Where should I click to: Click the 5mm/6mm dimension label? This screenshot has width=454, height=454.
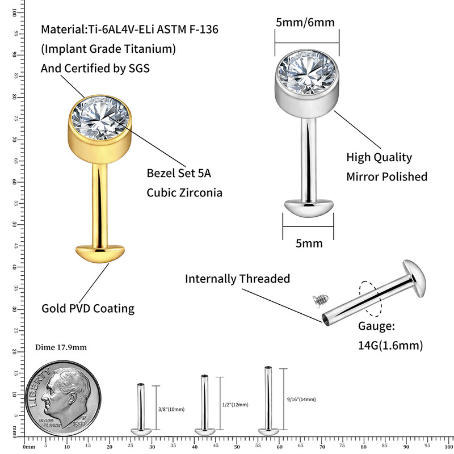[305, 22]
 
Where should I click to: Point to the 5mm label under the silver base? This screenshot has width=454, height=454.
[309, 243]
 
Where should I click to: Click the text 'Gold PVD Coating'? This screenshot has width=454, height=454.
[88, 309]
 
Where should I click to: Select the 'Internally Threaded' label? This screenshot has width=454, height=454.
[237, 279]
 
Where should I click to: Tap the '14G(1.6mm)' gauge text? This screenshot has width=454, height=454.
[390, 345]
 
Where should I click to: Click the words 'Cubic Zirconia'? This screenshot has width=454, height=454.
[184, 192]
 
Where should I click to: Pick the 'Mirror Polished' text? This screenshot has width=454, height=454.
[386, 176]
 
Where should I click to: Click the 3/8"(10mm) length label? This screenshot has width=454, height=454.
[172, 409]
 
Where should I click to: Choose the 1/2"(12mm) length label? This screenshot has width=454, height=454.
[236, 405]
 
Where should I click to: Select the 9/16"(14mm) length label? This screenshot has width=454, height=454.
[301, 400]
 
